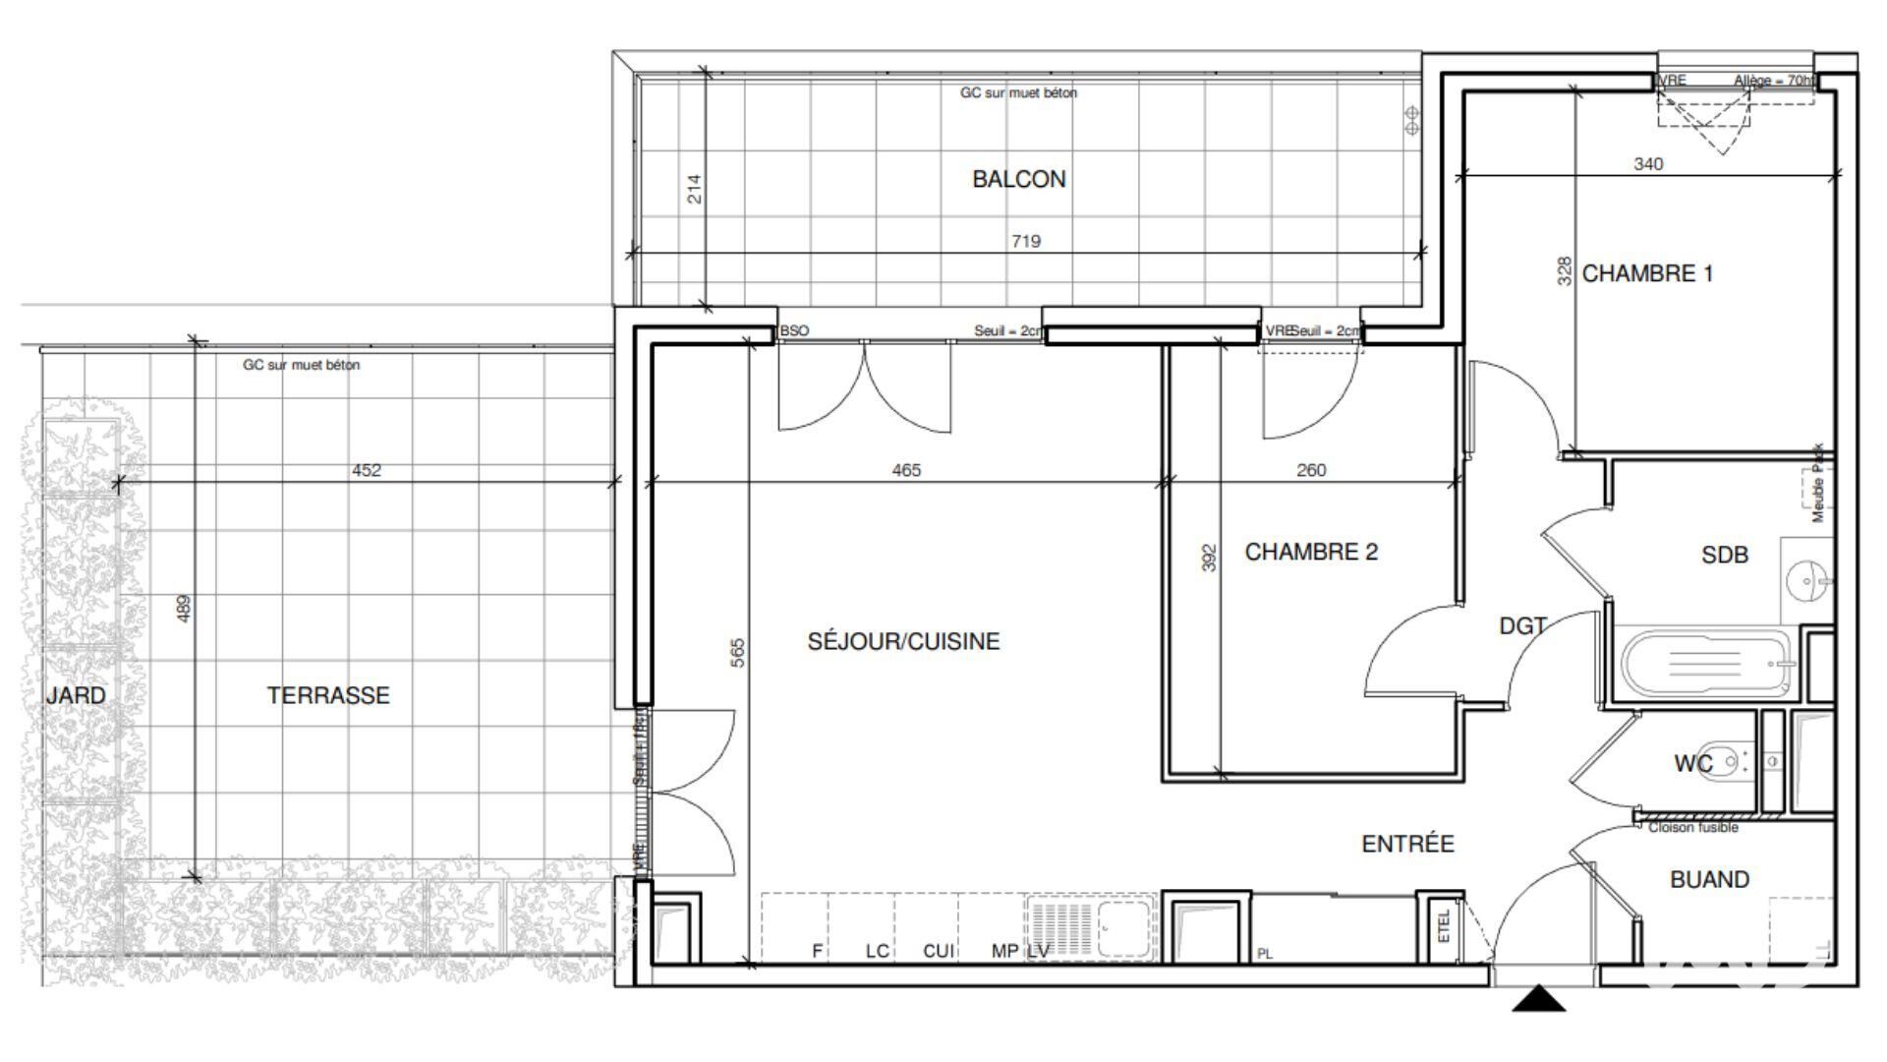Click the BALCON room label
click(x=1018, y=179)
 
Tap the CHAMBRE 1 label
click(x=1647, y=273)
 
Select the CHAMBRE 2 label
click(x=1311, y=552)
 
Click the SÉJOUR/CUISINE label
click(x=903, y=641)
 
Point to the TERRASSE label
click(x=328, y=695)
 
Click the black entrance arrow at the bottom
click(x=1538, y=1000)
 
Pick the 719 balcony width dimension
click(x=1025, y=241)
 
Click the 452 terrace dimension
click(x=366, y=470)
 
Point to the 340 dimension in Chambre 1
click(x=1648, y=163)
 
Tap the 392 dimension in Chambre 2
click(x=1210, y=558)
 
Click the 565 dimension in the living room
click(x=738, y=653)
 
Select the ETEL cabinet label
click(x=1444, y=926)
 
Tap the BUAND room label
click(x=1709, y=879)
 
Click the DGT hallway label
click(x=1522, y=625)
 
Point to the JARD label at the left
click(x=76, y=695)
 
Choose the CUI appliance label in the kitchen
click(x=938, y=951)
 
